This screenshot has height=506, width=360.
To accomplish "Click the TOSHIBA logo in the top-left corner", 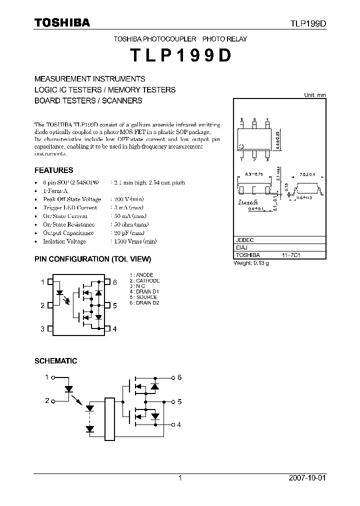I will click(x=62, y=22).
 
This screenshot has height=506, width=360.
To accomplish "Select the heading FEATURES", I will click(x=53, y=170).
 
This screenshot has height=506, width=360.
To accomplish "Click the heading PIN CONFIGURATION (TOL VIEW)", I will click(x=92, y=259).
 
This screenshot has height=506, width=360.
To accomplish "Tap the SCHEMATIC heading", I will click(x=55, y=360).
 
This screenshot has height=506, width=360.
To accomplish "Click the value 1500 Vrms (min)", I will click(x=133, y=241).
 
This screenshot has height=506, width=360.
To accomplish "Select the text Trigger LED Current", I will click(x=70, y=207).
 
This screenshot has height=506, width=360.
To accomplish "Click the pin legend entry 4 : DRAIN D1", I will click(x=144, y=291).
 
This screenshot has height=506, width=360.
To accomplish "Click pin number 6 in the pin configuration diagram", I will click(x=114, y=282).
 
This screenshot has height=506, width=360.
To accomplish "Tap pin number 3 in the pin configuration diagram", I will click(x=43, y=328).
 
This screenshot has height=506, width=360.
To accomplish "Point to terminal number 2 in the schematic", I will click(x=47, y=401).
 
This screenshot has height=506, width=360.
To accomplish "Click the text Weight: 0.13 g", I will click(x=251, y=263).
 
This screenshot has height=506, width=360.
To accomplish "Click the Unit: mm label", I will click(x=315, y=95).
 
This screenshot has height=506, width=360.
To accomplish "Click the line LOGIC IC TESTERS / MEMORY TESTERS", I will click(x=104, y=89).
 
